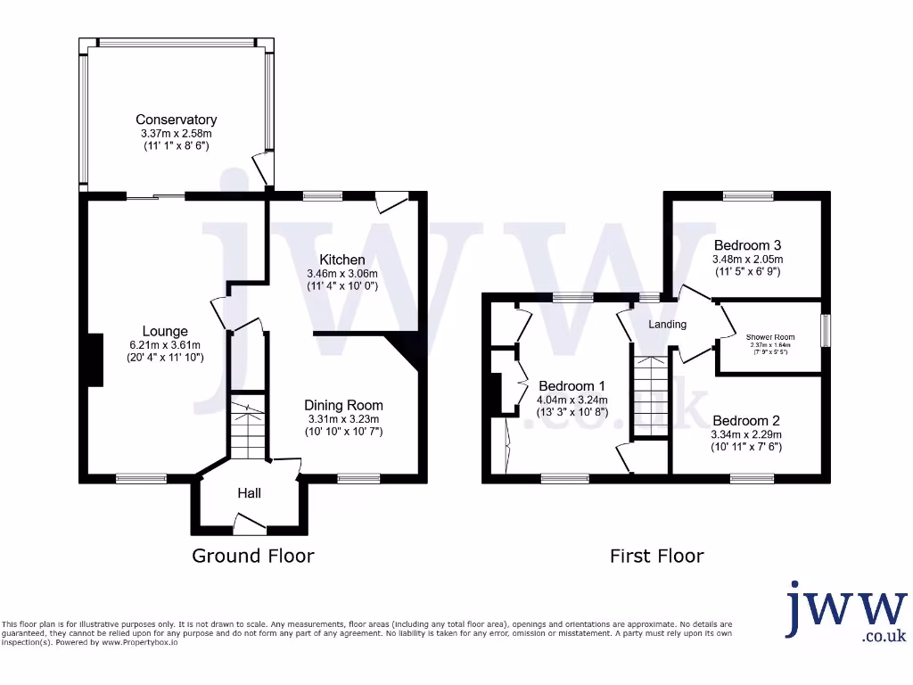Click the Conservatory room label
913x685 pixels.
click(176, 120)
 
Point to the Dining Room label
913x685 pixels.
click(343, 404)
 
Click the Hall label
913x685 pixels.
click(249, 492)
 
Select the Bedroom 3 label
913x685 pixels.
click(747, 244)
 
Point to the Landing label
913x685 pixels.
click(667, 324)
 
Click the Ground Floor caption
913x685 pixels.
click(253, 556)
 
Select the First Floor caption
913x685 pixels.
click(656, 556)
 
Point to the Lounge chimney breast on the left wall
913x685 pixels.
click(93, 360)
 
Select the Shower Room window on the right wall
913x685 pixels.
click(825, 330)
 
